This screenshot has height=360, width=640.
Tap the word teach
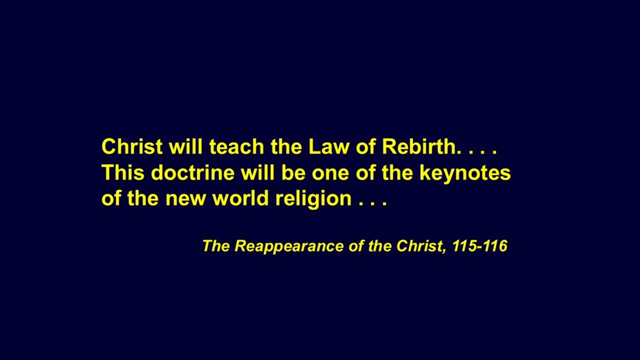coord(236,146)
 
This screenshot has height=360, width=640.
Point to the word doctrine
coord(193,172)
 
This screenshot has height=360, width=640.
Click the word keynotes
coord(465,173)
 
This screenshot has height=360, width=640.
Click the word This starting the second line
coord(123,172)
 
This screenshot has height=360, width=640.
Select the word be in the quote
coord(293,172)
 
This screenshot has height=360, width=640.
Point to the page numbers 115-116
coord(480,245)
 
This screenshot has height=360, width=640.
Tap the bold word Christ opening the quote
coord(132,146)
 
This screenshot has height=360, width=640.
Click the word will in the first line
coord(185,146)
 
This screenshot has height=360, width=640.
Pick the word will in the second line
coord(258,172)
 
